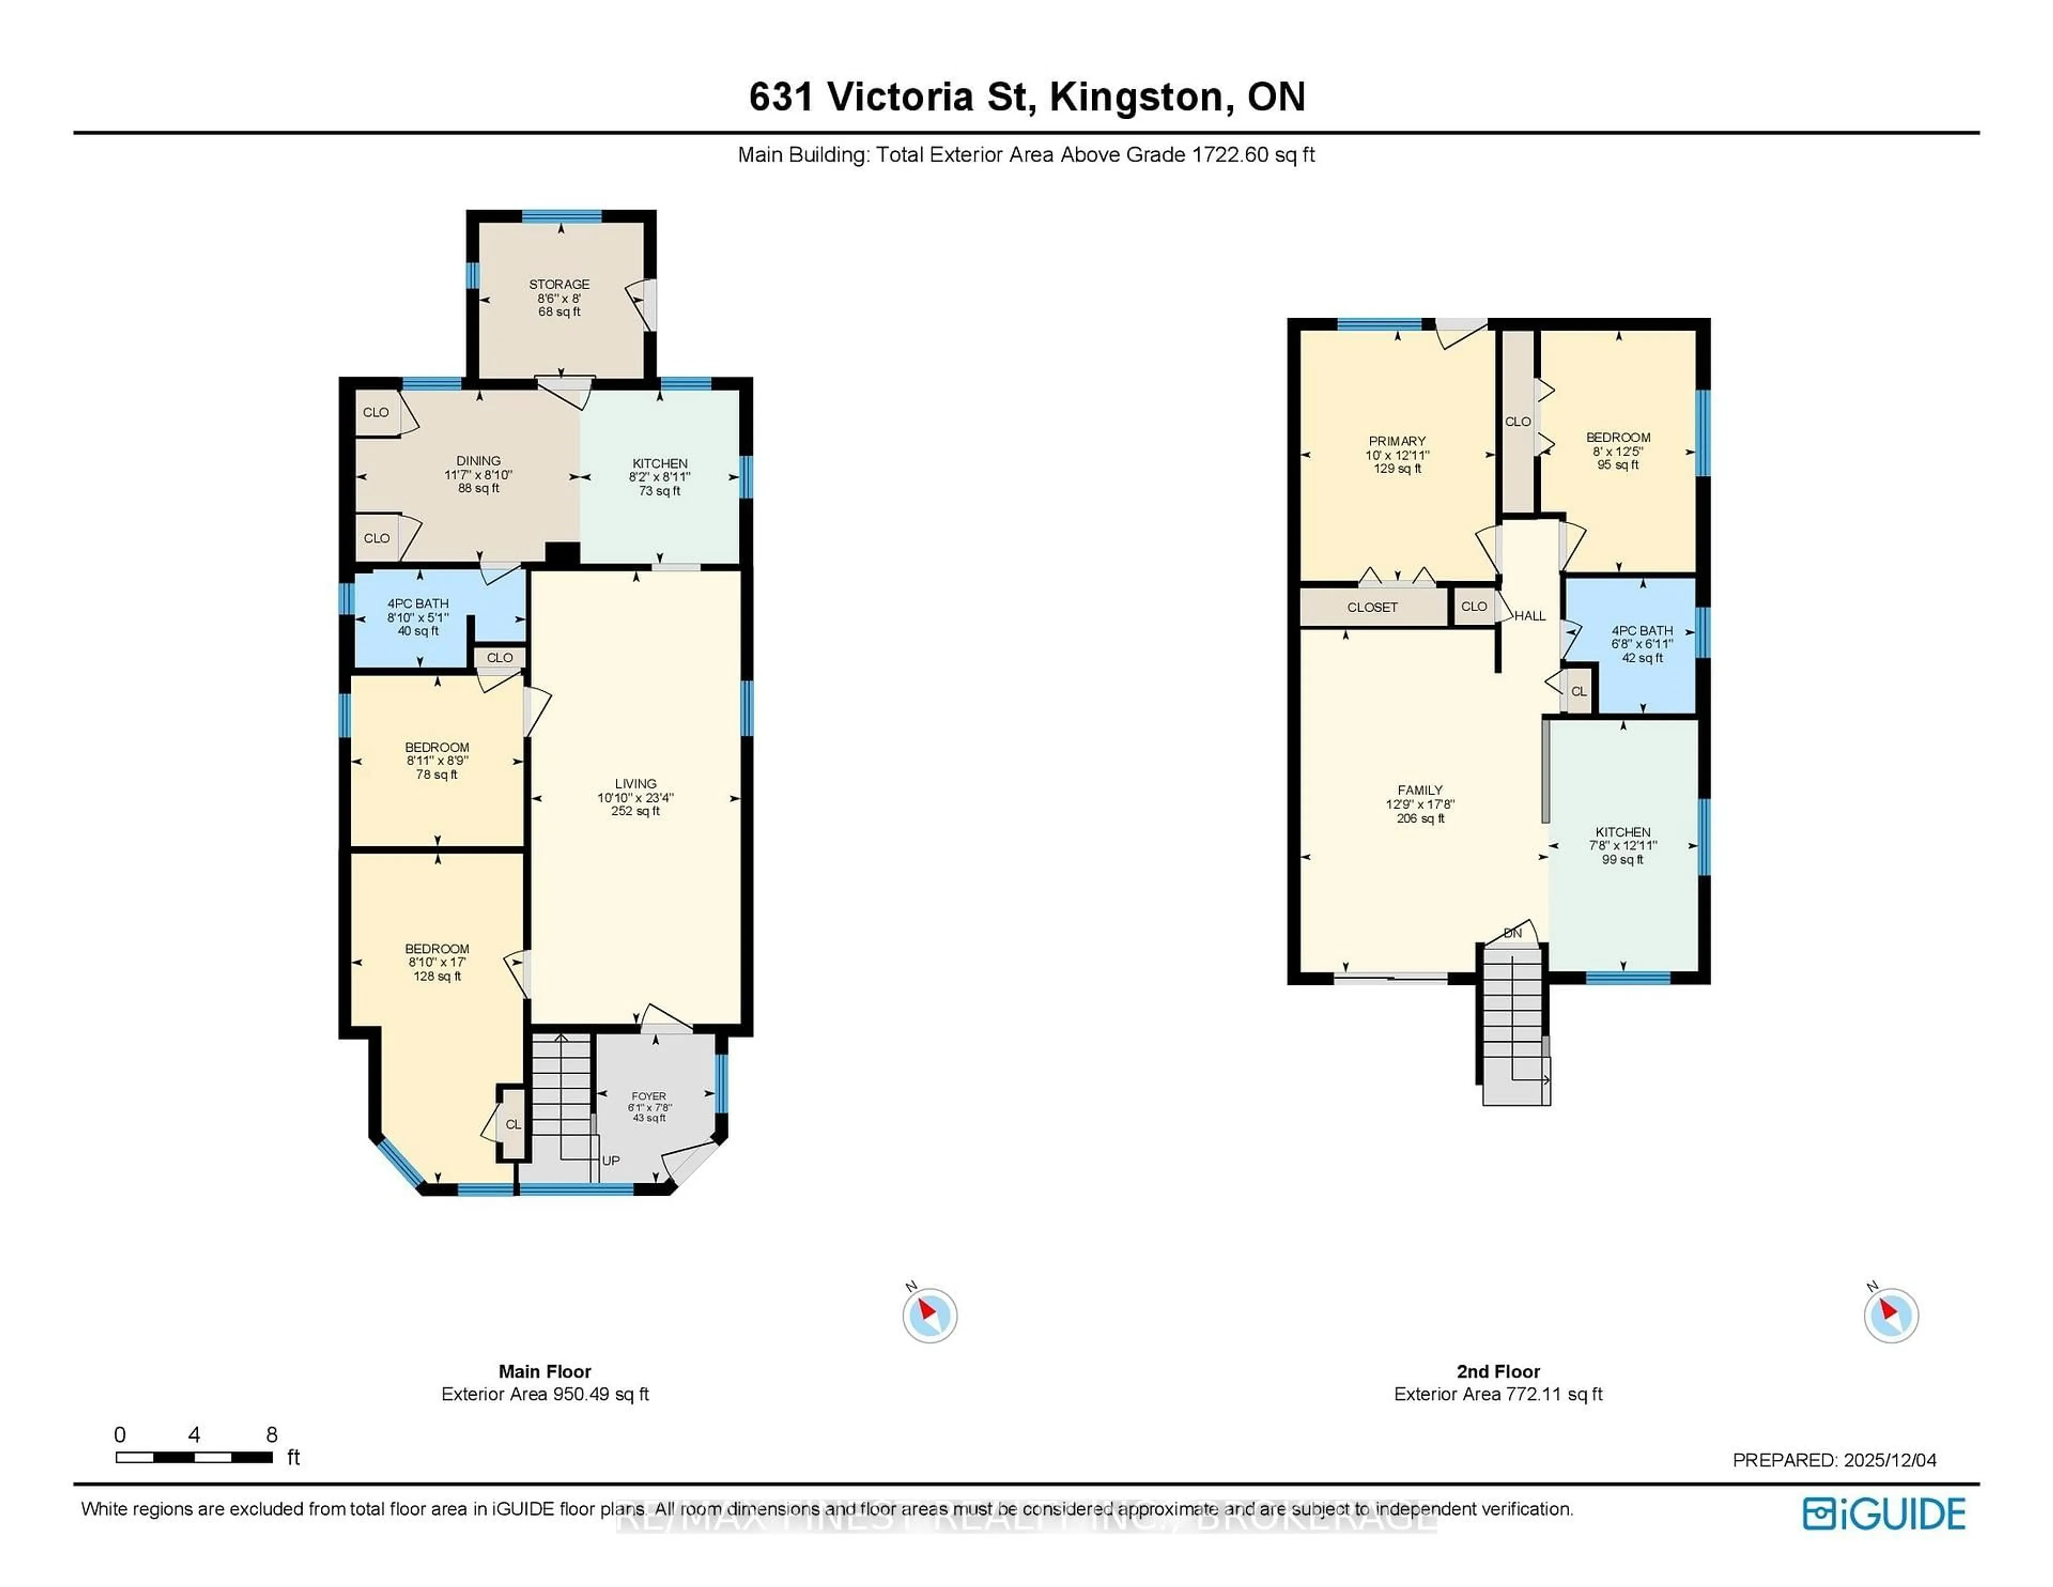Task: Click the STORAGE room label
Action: [x=559, y=284]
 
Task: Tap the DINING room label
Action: [x=478, y=461]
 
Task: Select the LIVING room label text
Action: [x=636, y=783]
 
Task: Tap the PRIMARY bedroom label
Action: [x=1397, y=441]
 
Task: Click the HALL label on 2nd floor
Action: [x=1530, y=616]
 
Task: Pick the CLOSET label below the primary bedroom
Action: [x=1372, y=607]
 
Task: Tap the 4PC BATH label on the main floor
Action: [x=418, y=604]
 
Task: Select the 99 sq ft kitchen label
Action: [x=1623, y=845]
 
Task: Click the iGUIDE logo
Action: [x=1884, y=1514]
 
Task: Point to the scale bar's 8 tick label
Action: [x=272, y=1435]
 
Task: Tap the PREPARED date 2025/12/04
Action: [x=1889, y=1460]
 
